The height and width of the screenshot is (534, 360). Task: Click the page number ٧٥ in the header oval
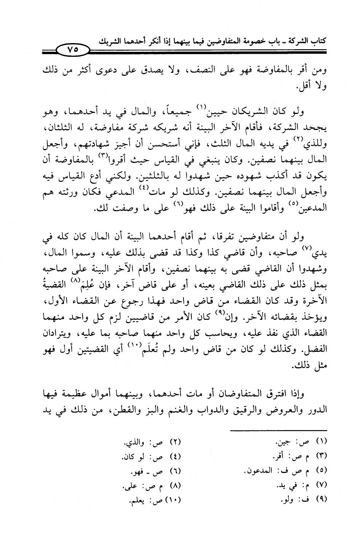[x=72, y=50]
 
